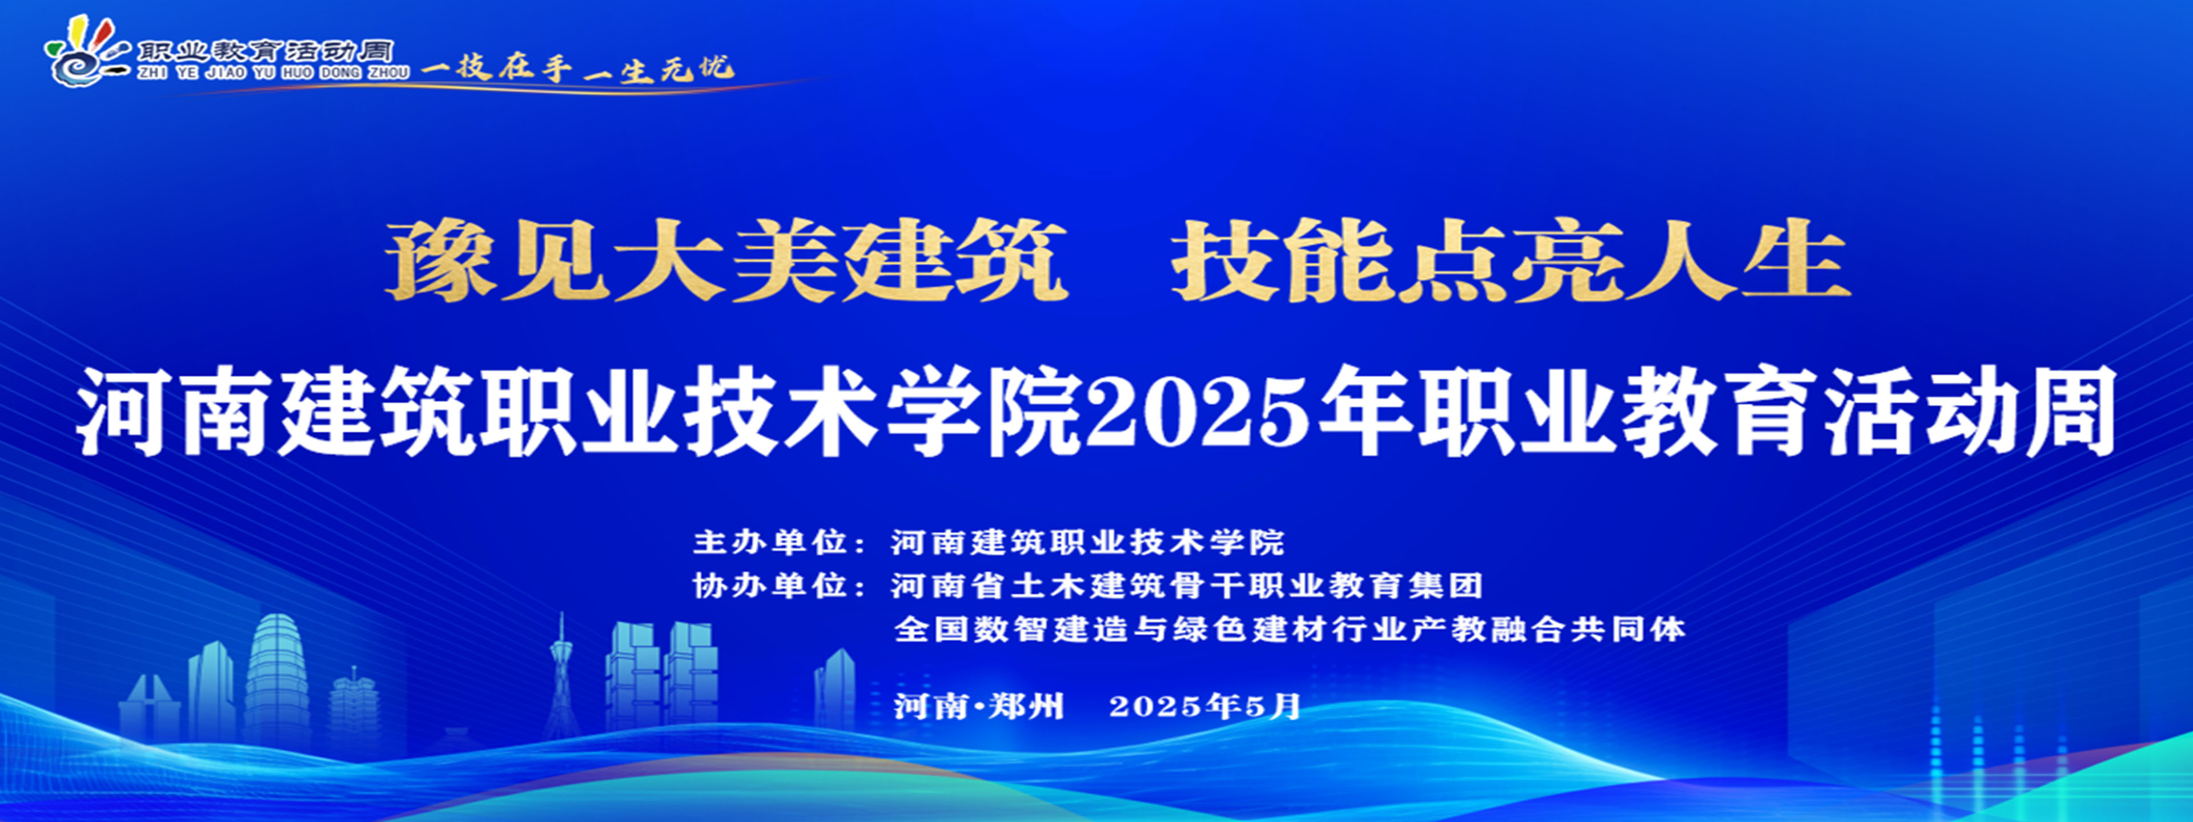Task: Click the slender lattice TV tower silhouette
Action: (x=562, y=689)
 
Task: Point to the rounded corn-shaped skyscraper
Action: (x=276, y=676)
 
